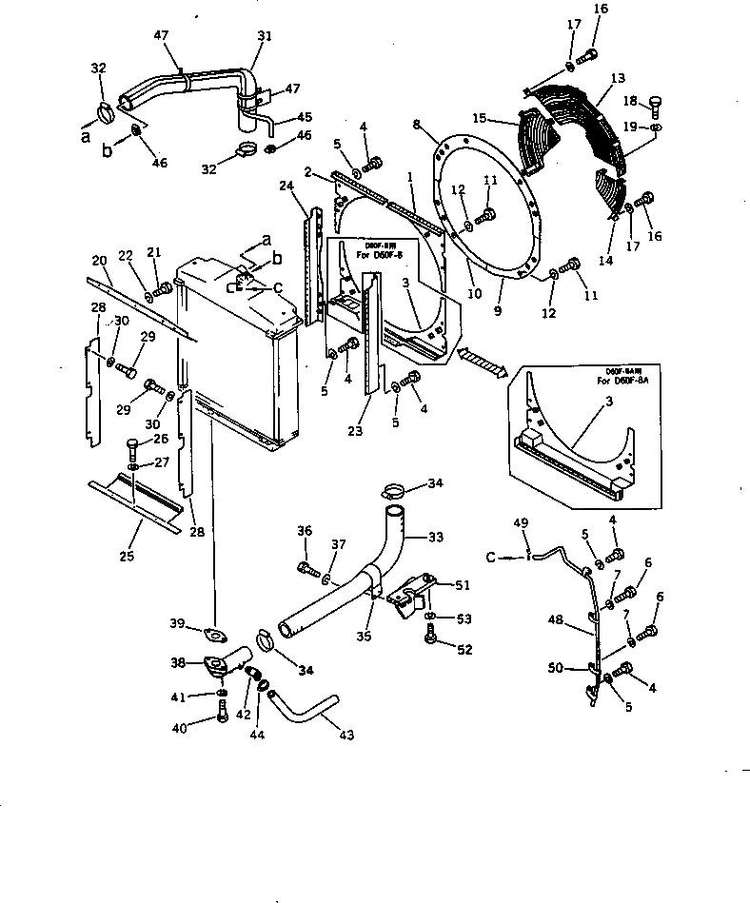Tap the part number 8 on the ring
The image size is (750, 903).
[417, 124]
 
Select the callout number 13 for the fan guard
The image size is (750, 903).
[618, 78]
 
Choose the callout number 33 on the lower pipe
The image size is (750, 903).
[436, 538]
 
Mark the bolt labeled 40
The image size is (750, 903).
[222, 716]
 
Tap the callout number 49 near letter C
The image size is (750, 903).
[520, 524]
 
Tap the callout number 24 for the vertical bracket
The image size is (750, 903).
[286, 186]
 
